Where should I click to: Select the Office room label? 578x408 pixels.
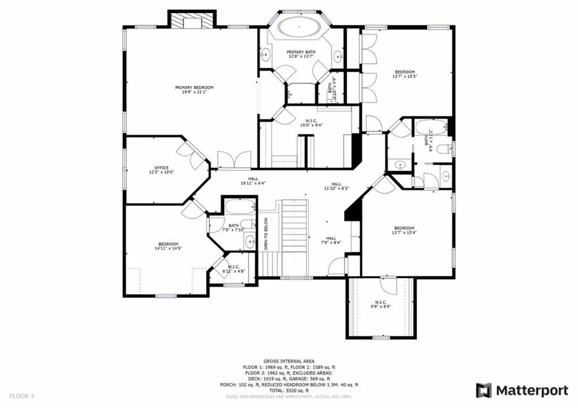[x=161, y=170]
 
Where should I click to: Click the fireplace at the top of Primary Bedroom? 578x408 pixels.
[x=192, y=20]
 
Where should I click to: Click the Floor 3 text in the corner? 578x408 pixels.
[x=21, y=396]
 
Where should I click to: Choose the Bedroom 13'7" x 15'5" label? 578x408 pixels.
[x=404, y=74]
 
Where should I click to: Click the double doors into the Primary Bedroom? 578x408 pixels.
[x=234, y=160]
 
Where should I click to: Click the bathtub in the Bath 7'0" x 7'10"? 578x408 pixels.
[x=240, y=208]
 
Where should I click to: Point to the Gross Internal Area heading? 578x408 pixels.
[x=289, y=361]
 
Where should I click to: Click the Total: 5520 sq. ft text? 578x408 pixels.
[x=289, y=391]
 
